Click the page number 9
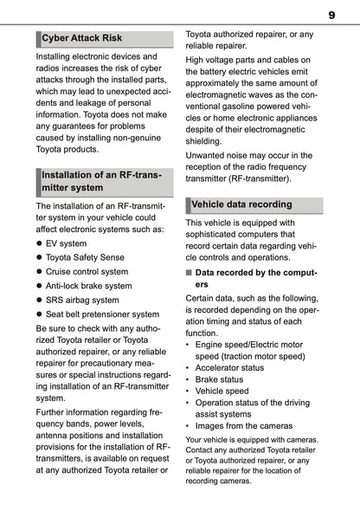click(x=331, y=14)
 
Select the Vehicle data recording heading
click(x=241, y=204)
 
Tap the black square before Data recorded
click(x=190, y=272)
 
